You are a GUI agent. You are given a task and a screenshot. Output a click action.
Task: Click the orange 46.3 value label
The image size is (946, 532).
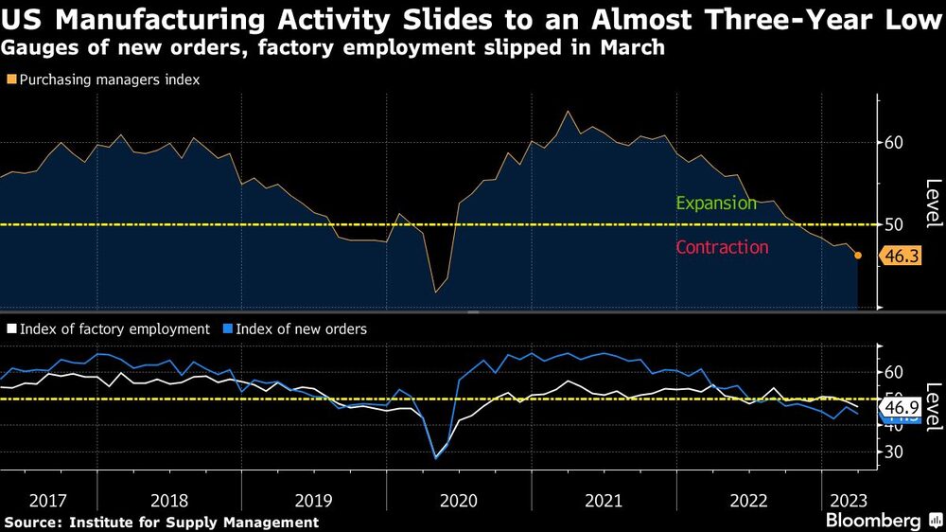[x=900, y=256]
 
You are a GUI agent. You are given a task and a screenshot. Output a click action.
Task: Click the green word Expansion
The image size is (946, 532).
[x=717, y=204]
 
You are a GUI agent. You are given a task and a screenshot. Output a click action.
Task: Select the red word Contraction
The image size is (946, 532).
[x=722, y=247]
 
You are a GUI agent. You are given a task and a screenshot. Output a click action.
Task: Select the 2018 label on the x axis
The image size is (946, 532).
[x=168, y=499]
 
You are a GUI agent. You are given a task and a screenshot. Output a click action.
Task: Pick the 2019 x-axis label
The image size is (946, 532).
[x=313, y=499]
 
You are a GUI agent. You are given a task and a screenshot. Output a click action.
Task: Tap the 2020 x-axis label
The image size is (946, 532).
[x=458, y=499]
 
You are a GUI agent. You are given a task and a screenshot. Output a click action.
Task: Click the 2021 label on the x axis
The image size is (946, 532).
[x=603, y=499]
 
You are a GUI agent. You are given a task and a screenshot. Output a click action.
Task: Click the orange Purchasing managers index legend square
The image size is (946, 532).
[x=11, y=80]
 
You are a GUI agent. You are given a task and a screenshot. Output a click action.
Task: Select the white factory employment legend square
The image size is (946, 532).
[x=11, y=329]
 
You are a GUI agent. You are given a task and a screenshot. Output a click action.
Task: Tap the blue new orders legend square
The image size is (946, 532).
[x=226, y=329]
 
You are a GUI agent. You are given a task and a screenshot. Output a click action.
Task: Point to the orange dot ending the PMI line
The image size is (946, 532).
[x=858, y=256]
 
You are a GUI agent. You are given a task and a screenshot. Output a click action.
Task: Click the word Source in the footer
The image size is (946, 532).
[x=28, y=523]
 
